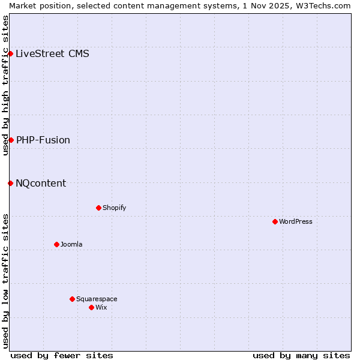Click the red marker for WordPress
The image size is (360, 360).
[x=275, y=221]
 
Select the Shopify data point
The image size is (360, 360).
[x=98, y=208]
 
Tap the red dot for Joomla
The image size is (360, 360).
[x=56, y=244]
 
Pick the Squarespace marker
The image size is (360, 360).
[x=72, y=299]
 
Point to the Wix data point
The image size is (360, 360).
[x=91, y=307]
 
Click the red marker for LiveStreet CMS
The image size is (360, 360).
[x=10, y=53]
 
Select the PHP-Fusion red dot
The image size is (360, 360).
[x=11, y=140]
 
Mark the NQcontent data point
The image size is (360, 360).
[x=10, y=183]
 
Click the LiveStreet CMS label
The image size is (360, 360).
[x=52, y=53]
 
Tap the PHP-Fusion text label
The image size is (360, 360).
[x=43, y=140]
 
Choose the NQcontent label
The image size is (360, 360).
[x=41, y=183]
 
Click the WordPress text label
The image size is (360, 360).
[x=296, y=221]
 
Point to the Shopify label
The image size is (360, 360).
[x=114, y=208]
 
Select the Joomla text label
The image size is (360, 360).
[x=71, y=244]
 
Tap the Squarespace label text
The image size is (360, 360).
[x=97, y=299]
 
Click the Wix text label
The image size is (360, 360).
[x=101, y=307]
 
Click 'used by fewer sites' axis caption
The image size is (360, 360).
[x=62, y=355]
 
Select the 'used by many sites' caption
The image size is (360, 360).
[x=301, y=355]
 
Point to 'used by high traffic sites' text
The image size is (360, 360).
[x=5, y=85]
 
